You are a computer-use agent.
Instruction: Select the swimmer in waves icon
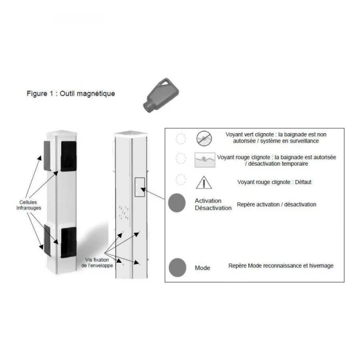click(204, 160)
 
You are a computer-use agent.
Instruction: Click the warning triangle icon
click(203, 182)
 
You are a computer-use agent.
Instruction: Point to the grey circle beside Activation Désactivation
click(176, 203)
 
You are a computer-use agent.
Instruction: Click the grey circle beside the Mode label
click(177, 267)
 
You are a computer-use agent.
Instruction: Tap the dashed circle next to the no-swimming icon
click(180, 139)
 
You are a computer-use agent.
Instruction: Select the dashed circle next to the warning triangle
click(180, 180)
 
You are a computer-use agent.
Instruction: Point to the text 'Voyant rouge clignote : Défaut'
click(274, 182)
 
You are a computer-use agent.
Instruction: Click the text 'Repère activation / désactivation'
click(276, 204)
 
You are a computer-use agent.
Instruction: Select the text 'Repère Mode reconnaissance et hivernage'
click(281, 266)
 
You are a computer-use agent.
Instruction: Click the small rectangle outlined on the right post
click(139, 187)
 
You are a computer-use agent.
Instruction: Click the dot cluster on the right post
click(124, 212)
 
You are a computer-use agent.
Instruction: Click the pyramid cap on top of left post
click(63, 133)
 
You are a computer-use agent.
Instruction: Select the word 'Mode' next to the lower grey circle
click(202, 268)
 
